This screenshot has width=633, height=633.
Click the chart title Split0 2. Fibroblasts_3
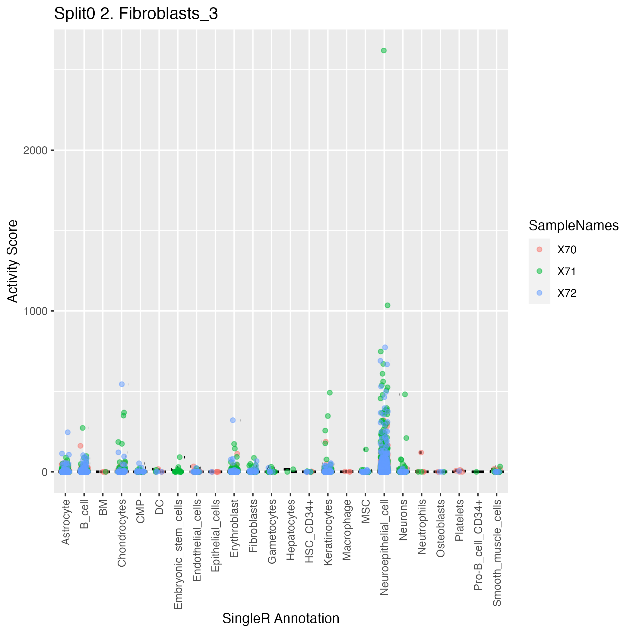pos(136,14)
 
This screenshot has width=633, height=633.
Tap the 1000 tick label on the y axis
pos(34,311)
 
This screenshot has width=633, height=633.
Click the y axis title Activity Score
pos(13,261)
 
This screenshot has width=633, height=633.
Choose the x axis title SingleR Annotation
pos(280,619)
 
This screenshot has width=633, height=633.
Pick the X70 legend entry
pos(566,250)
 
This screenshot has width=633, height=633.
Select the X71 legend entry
pos(566,271)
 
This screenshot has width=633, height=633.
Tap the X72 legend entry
pos(566,293)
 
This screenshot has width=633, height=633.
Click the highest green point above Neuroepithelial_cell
pos(384,50)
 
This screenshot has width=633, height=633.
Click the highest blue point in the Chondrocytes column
pos(122,384)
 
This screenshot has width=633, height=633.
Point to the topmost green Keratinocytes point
pos(330,393)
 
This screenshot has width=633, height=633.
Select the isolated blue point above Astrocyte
pos(68,432)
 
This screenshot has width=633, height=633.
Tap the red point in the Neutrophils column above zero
pos(421,452)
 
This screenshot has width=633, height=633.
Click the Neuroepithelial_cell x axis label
pos(384,547)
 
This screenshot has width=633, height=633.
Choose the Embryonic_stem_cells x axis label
pos(178,554)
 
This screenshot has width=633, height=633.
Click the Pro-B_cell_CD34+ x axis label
pos(478,545)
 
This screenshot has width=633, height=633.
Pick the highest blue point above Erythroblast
pos(233,420)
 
